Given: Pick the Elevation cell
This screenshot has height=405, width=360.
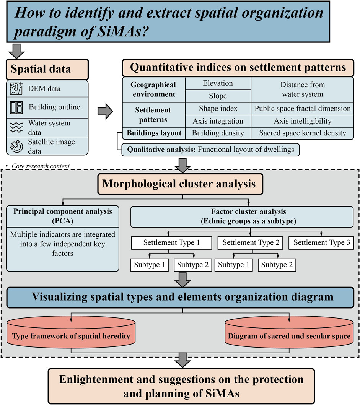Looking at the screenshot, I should [218, 83].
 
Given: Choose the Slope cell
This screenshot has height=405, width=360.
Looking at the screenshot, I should [218, 96].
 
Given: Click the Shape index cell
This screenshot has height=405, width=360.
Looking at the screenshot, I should [218, 108].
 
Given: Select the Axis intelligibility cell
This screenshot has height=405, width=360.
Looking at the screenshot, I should [302, 121].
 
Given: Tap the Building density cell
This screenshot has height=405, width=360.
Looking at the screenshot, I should [218, 133].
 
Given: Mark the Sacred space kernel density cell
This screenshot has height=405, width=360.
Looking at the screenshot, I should [302, 133].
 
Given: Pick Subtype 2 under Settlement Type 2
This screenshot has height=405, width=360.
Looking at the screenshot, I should [277, 265].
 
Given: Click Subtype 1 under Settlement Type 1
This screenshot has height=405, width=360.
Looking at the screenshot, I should [150, 265].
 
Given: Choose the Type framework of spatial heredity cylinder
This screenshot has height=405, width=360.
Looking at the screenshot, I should [72, 337].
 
